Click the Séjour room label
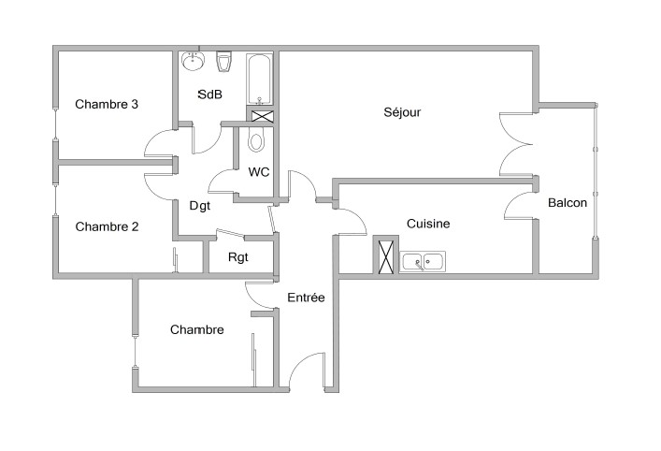[402, 112]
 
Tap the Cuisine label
[428, 224]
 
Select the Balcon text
[568, 202]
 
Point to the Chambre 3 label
[107, 104]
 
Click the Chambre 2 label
[107, 226]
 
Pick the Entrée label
[306, 298]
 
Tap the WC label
[258, 172]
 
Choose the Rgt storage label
[238, 257]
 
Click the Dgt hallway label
[200, 206]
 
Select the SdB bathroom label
[210, 95]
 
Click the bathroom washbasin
[194, 61]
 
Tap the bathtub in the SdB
[260, 79]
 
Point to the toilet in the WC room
[255, 139]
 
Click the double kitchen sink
[423, 262]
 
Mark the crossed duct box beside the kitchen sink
[386, 256]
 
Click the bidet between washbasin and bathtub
[223, 62]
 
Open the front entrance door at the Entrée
[307, 371]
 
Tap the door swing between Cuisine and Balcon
[520, 206]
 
